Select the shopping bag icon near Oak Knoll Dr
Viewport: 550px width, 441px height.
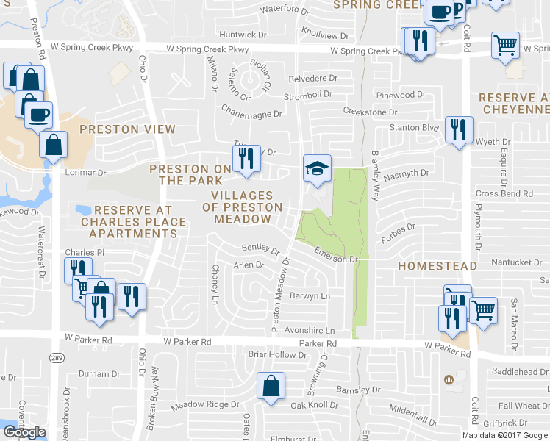click(x=271, y=386)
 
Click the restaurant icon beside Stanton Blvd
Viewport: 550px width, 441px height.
click(x=460, y=129)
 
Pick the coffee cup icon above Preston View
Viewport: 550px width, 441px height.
click(x=38, y=115)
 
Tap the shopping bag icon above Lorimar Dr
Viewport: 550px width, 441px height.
click(x=54, y=145)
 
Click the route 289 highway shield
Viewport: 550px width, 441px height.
click(x=57, y=357)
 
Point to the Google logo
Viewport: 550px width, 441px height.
click(x=24, y=432)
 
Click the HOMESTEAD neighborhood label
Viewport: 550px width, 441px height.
click(x=438, y=265)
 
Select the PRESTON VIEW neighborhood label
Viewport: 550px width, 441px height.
click(x=127, y=129)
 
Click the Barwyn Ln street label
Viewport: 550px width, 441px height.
click(x=310, y=296)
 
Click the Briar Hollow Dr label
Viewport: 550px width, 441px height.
click(x=277, y=354)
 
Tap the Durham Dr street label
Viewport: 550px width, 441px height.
click(x=93, y=373)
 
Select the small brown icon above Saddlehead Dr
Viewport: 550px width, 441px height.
click(x=449, y=379)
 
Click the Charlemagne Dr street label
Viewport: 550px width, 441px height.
click(x=252, y=115)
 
